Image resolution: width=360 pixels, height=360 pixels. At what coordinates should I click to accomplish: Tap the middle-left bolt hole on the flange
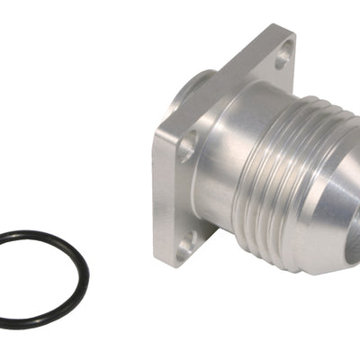coord(186,146)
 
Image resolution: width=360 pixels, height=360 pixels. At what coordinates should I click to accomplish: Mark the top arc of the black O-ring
coord(40,233)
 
